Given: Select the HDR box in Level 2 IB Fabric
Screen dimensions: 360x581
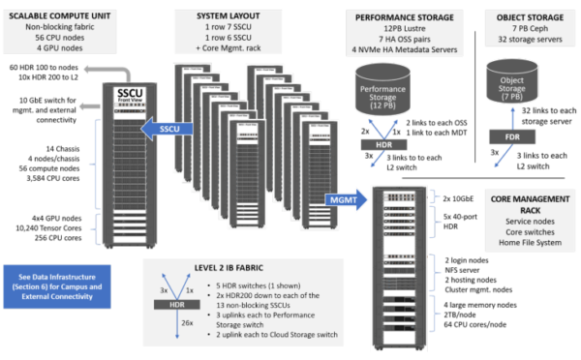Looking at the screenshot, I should coord(177,304).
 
